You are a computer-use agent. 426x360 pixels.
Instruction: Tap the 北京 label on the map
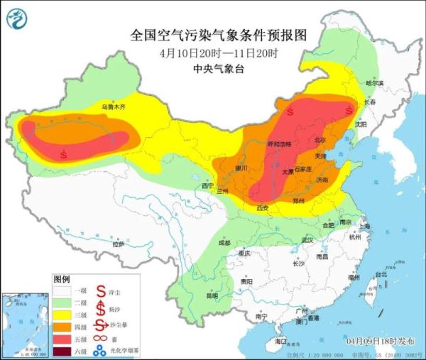click(x=320, y=140)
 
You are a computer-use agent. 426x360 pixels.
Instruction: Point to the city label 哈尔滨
click(x=373, y=83)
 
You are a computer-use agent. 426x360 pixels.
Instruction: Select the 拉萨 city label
click(x=118, y=244)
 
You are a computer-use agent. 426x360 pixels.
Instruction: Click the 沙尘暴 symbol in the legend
click(x=102, y=327)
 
